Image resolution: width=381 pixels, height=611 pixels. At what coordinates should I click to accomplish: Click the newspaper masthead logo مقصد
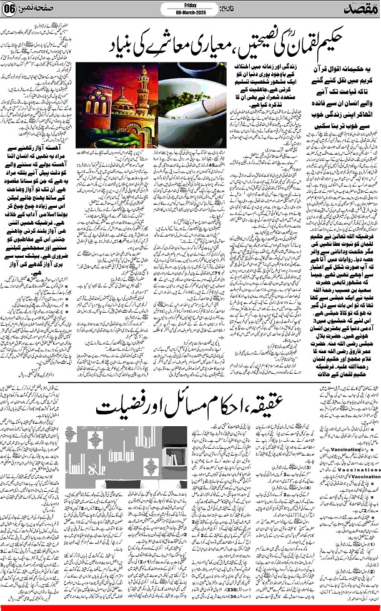[356, 10]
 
